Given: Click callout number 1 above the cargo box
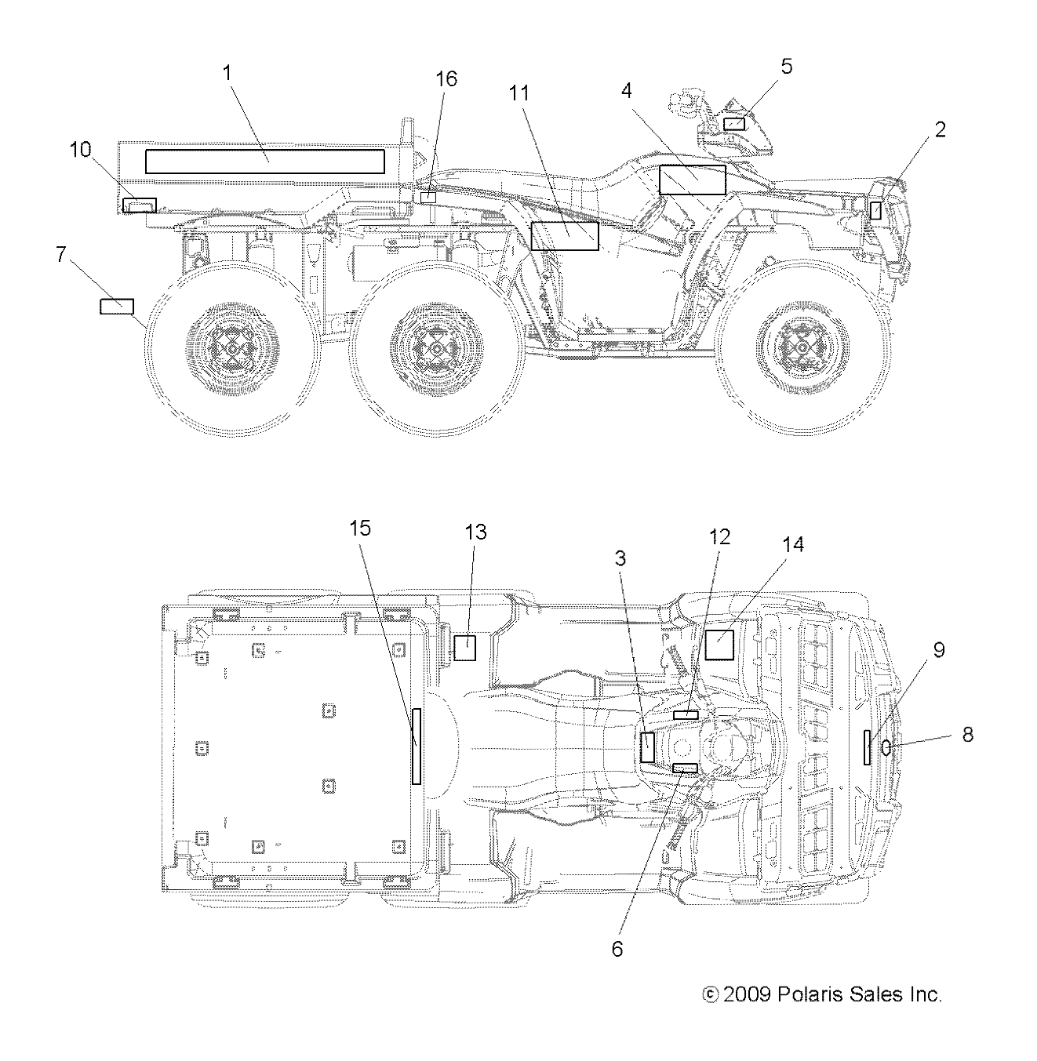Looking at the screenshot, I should click(x=227, y=74).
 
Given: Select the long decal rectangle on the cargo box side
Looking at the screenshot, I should click(x=264, y=162).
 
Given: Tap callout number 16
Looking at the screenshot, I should click(x=446, y=79).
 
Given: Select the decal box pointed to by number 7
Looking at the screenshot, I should click(x=116, y=306).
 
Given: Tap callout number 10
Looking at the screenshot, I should click(x=81, y=150).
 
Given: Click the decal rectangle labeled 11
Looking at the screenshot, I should click(x=564, y=235).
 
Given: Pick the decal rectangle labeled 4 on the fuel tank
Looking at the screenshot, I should click(x=692, y=180).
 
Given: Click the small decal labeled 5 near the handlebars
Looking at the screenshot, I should click(x=733, y=123).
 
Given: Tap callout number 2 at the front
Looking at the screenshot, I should click(x=940, y=129).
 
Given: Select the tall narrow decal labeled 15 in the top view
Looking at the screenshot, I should click(x=417, y=746).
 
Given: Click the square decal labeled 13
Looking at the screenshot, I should click(x=465, y=648).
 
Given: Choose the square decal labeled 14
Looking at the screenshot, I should click(x=719, y=645).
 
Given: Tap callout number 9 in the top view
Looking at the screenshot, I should click(x=938, y=650).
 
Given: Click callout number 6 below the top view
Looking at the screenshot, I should click(x=617, y=948).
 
